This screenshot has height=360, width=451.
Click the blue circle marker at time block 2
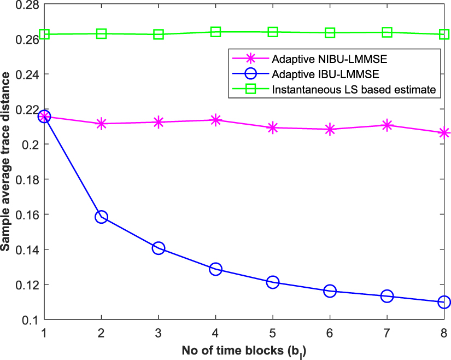(101, 217)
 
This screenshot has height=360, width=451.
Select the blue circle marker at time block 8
(444, 302)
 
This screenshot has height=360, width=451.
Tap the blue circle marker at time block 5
(273, 282)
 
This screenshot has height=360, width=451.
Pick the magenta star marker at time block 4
(215, 120)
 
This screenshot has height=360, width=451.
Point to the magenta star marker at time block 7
(387, 125)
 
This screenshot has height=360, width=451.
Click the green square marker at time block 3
(159, 34)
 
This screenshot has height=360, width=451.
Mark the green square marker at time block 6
(330, 33)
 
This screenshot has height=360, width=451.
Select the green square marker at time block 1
(44, 34)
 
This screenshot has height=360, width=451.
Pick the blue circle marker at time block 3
(159, 248)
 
